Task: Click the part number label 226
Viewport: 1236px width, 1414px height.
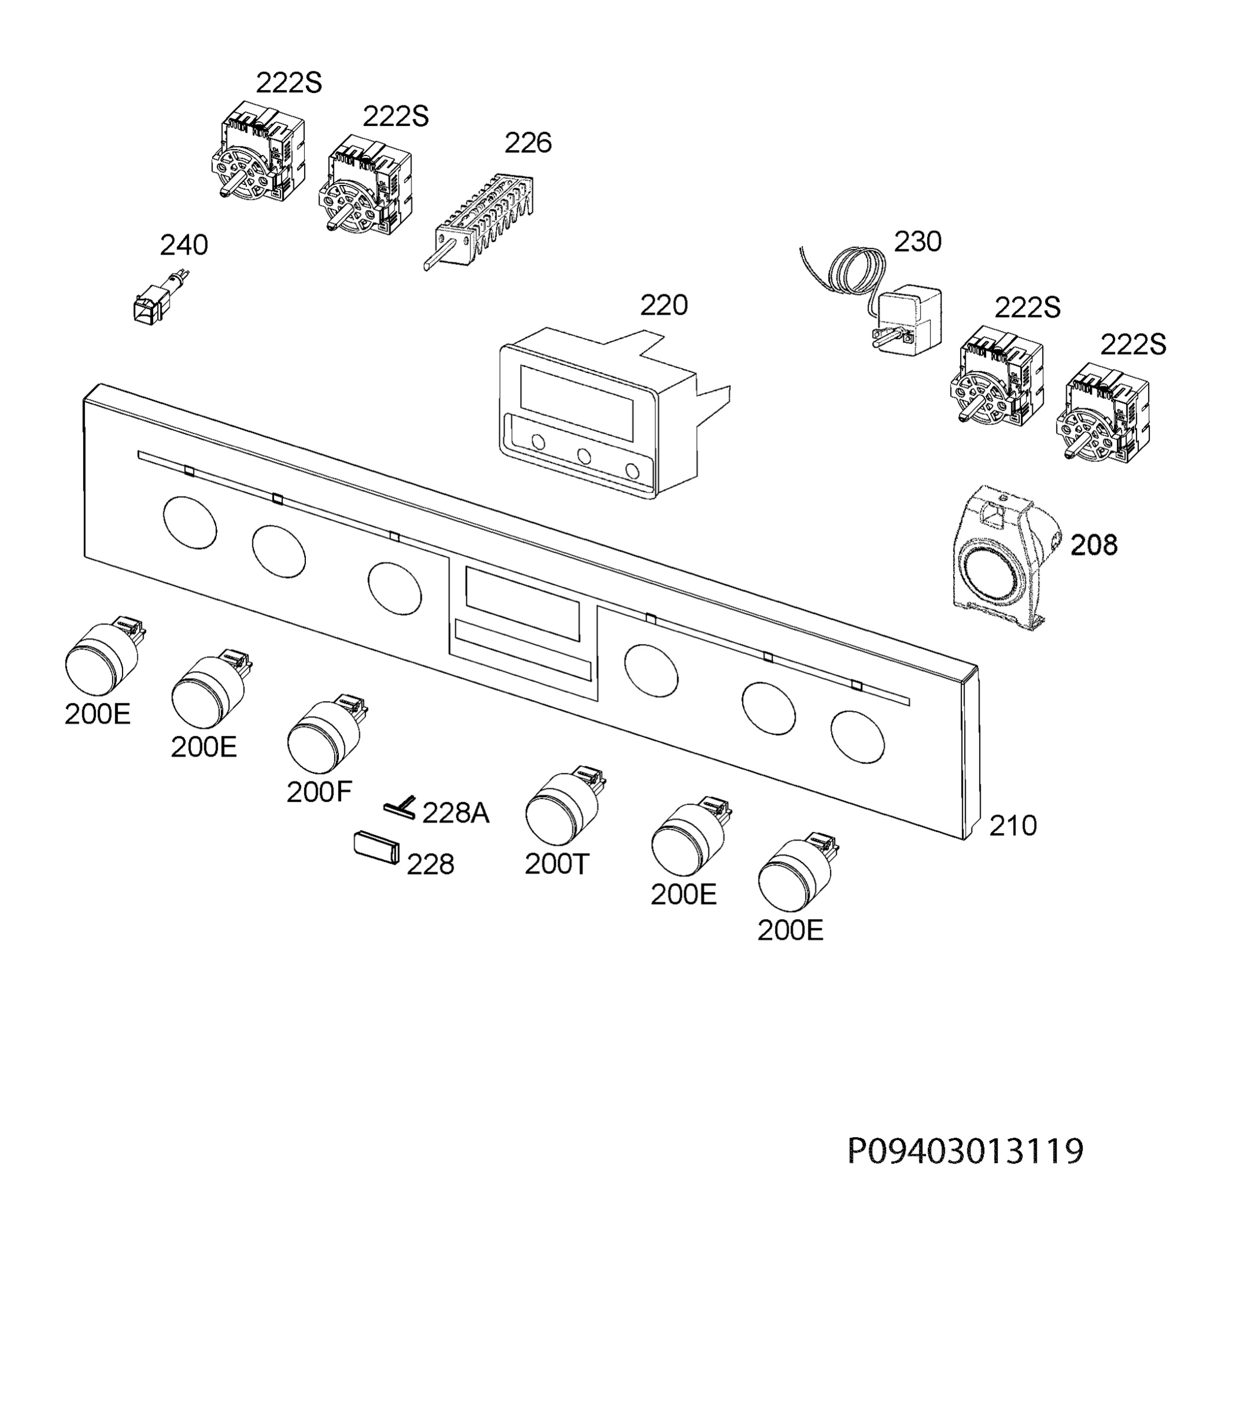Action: click(528, 143)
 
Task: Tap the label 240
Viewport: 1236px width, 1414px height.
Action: click(183, 246)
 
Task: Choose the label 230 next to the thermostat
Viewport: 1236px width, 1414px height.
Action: click(917, 242)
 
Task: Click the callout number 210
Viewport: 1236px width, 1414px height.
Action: click(1013, 825)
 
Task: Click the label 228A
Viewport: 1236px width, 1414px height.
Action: click(455, 814)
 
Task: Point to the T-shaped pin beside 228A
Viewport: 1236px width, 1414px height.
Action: click(401, 807)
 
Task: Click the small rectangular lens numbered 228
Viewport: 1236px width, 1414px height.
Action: click(377, 847)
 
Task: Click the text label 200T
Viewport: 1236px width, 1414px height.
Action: click(558, 864)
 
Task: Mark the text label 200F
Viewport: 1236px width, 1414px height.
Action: click(319, 793)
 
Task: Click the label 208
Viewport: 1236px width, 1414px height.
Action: click(1093, 546)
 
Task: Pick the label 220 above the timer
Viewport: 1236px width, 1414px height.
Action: click(664, 305)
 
